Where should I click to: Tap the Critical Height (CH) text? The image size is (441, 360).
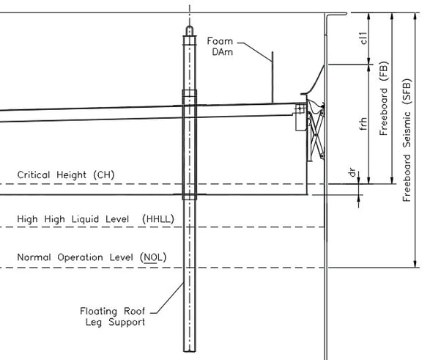pos(65,175)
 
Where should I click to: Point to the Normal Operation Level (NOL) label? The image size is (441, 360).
pos(92,258)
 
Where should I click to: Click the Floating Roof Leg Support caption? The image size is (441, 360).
pos(113,316)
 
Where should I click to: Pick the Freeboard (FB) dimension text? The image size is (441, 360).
pos(384,102)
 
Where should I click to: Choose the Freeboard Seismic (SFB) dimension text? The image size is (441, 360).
pos(409,139)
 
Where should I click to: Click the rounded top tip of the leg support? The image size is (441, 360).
pos(190,30)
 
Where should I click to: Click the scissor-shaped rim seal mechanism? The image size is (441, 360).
pos(316,136)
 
